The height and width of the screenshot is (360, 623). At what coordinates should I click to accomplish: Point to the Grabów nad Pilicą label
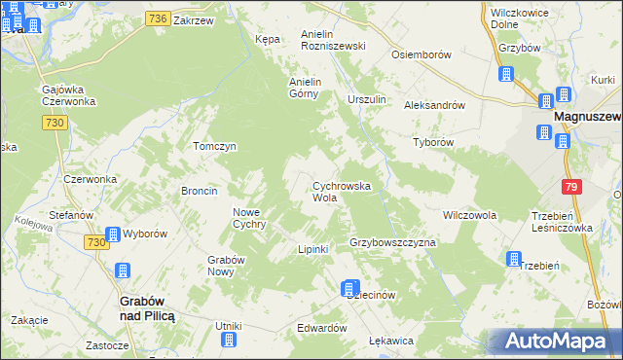click(x=146, y=308)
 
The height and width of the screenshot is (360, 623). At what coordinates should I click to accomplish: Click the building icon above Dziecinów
click(x=349, y=288)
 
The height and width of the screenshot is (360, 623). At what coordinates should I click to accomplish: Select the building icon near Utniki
click(x=229, y=340)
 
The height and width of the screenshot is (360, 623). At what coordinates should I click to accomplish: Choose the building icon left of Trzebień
click(x=513, y=259)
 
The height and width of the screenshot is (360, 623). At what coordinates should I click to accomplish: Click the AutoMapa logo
click(x=557, y=342)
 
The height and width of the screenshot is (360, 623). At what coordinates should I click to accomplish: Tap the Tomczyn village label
click(x=215, y=146)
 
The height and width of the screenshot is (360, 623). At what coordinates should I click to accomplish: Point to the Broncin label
click(x=199, y=191)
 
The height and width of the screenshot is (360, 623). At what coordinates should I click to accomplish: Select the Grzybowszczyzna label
click(x=391, y=240)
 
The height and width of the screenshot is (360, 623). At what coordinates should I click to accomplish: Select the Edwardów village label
click(x=322, y=329)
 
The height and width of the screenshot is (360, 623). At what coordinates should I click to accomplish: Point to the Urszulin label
click(x=367, y=100)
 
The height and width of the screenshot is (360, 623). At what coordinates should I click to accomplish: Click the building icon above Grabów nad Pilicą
click(x=123, y=271)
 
